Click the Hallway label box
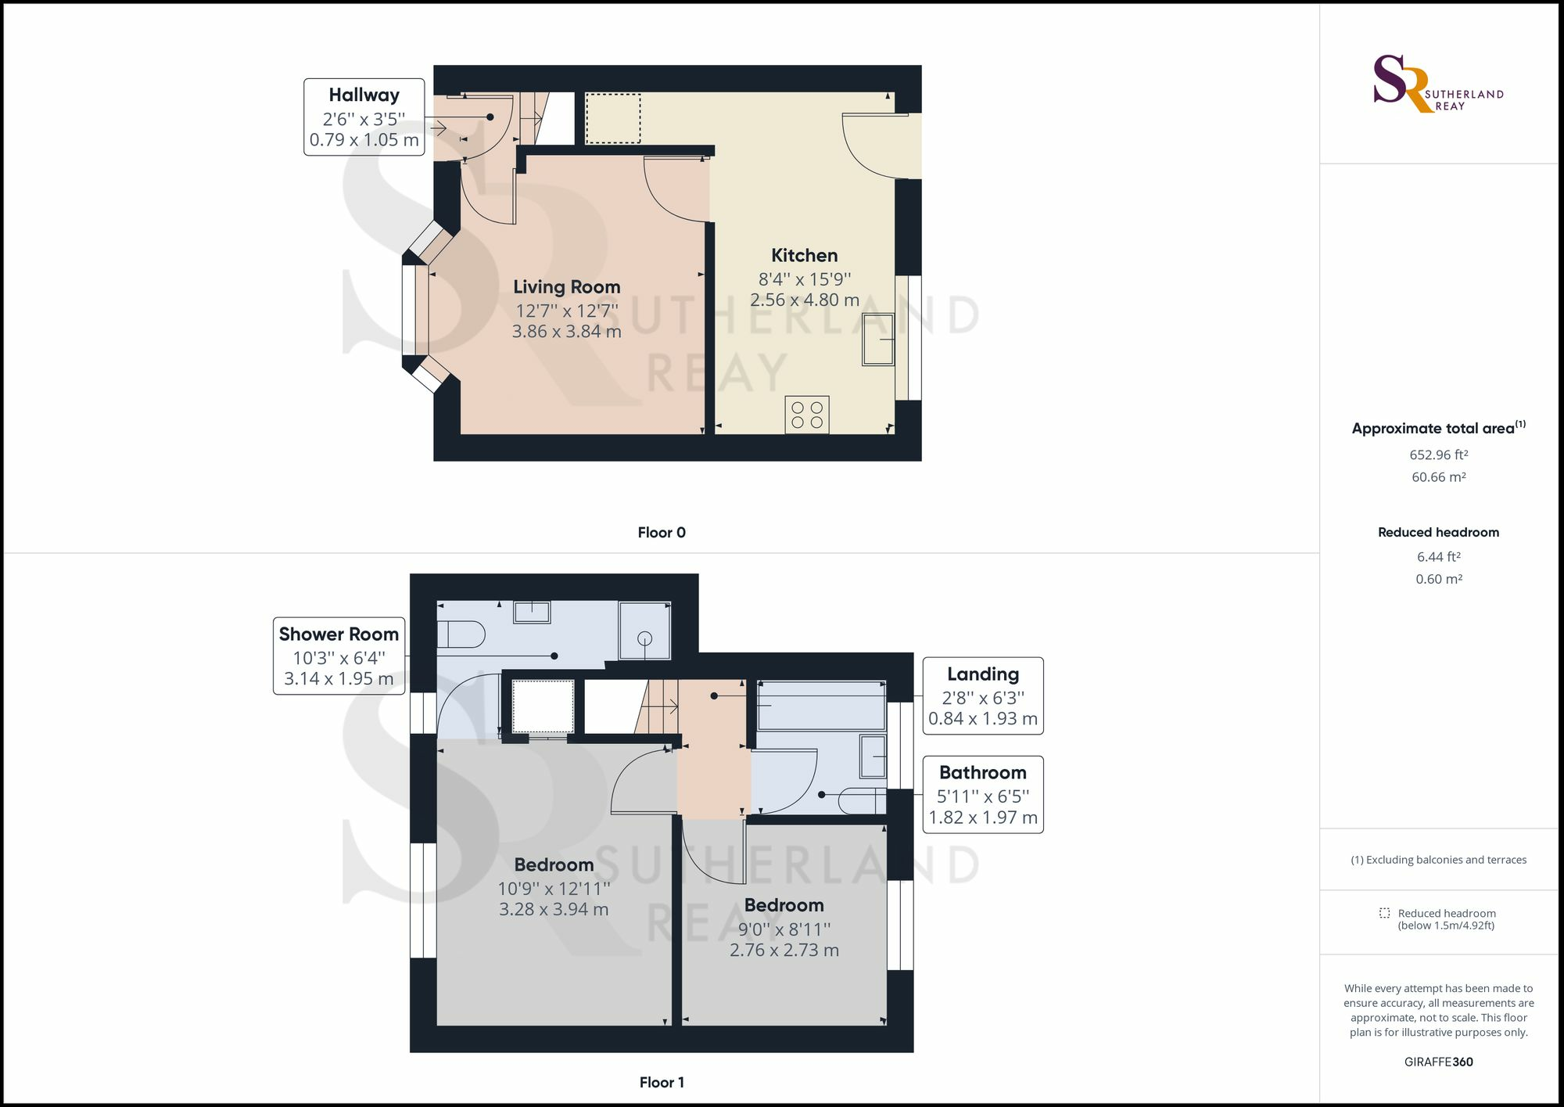point(364,117)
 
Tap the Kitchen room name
point(804,255)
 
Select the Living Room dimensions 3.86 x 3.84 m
point(566,332)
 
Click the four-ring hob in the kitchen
point(807,415)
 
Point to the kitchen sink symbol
point(878,340)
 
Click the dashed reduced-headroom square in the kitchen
point(613,119)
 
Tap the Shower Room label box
point(339,656)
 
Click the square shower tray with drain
point(644,631)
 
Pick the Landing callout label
point(983,695)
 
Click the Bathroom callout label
point(983,794)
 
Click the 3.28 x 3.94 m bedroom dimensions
point(554,909)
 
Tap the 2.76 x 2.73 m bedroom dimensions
point(784,950)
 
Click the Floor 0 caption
point(662,533)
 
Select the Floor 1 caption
point(662,1083)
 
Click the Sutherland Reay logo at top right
point(1437,84)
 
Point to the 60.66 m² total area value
point(1438,477)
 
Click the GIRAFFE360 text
point(1438,1062)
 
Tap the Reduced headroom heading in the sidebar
point(1438,532)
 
